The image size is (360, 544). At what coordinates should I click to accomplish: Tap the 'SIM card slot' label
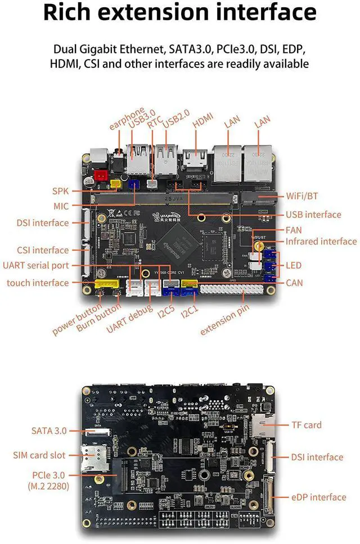39,455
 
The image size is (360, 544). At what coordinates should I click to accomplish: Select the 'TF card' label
307,425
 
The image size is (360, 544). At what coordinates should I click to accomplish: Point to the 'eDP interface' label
319,497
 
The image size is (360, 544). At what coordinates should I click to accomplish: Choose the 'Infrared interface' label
321,241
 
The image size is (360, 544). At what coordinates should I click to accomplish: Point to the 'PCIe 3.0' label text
50,475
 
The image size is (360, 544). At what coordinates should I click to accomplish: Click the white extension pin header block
223,289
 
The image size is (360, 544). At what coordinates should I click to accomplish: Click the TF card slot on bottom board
263,427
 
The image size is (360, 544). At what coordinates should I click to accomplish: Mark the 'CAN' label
294,283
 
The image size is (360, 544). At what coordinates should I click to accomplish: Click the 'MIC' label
61,206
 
